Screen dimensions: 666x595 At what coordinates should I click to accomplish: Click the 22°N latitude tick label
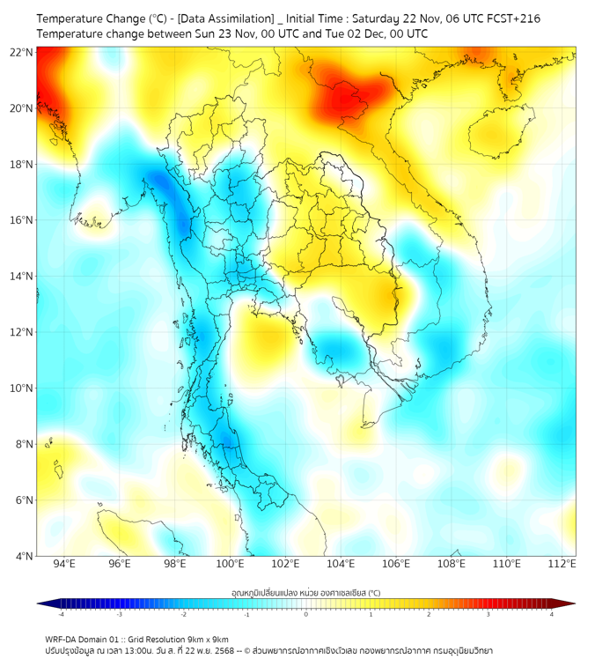[22, 53]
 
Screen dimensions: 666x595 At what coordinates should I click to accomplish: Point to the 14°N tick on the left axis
[22, 277]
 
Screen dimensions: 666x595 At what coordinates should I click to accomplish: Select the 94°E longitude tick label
[64, 564]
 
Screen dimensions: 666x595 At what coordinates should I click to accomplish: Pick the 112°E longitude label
[562, 564]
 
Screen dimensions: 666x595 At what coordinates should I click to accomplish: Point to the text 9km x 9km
[204, 639]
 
